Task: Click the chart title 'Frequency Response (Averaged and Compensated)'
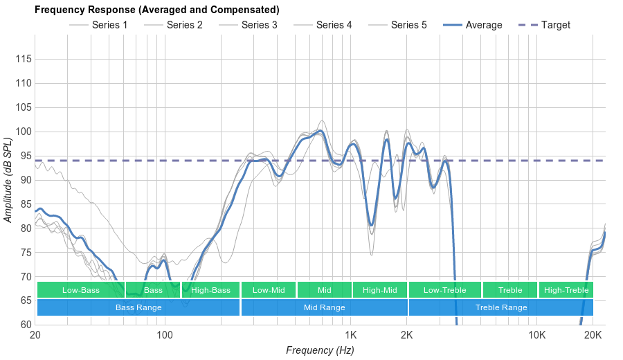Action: coord(157,10)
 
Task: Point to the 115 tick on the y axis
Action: coord(24,60)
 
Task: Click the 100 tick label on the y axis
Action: coord(24,132)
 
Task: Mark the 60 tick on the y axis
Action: coord(26,325)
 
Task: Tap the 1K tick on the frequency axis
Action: coord(350,336)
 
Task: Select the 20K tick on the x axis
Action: coord(593,336)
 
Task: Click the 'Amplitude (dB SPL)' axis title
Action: coord(8,180)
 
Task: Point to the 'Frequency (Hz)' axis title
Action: coord(320,350)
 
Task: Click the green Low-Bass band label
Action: coord(80,290)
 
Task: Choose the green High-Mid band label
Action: coord(379,290)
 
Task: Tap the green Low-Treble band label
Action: coord(444,290)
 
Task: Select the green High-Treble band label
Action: coord(566,290)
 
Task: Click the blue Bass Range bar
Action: coord(138,307)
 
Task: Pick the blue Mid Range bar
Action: coord(324,307)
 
